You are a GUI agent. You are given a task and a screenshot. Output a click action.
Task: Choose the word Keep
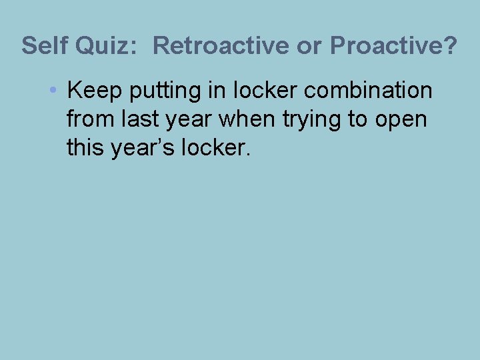click(92, 90)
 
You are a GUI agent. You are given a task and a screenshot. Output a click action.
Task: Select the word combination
click(368, 90)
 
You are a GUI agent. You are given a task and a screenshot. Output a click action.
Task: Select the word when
click(243, 119)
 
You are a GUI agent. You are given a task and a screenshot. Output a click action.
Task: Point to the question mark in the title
click(450, 46)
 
